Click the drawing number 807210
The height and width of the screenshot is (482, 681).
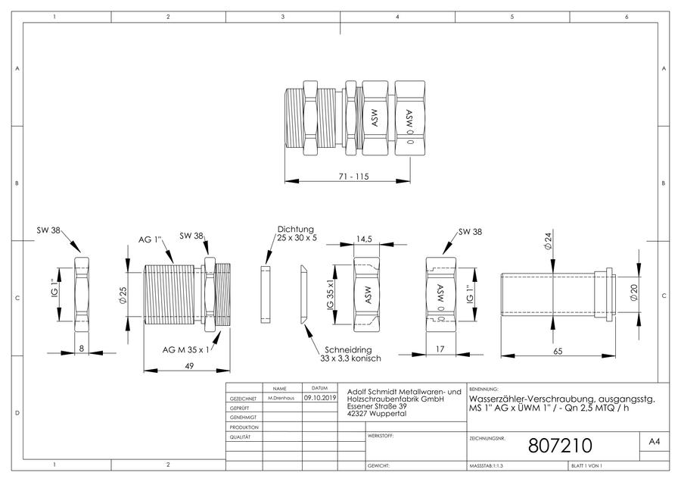[560, 446]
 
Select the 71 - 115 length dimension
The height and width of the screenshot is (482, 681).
[353, 177]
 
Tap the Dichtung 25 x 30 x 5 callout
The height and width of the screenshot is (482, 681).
[297, 233]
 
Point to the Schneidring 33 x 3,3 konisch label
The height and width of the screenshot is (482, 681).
[350, 354]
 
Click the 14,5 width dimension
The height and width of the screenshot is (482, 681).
[364, 239]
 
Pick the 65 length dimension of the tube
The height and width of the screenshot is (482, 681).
[558, 351]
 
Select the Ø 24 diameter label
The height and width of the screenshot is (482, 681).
[548, 241]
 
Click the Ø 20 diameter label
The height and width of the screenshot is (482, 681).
[633, 293]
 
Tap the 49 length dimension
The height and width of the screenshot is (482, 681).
[189, 366]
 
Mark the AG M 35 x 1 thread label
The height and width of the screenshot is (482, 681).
[186, 349]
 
